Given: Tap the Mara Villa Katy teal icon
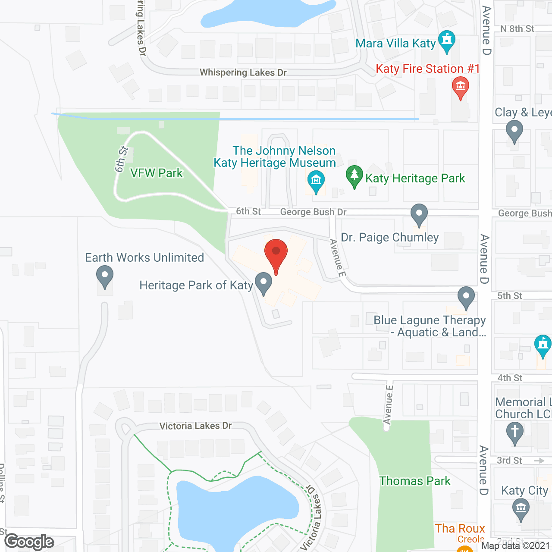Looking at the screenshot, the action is [447, 41].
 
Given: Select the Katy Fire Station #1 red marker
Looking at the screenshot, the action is [461, 87].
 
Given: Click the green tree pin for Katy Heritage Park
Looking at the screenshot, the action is [354, 176].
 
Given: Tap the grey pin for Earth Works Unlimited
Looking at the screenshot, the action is [104, 276].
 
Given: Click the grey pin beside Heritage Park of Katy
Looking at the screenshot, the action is [263, 283].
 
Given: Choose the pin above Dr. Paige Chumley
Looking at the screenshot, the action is [419, 214].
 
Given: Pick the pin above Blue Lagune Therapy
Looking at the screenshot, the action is [466, 297].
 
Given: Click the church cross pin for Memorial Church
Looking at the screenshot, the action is [514, 433].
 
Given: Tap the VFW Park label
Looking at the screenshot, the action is [157, 173].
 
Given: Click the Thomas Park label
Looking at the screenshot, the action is [415, 481].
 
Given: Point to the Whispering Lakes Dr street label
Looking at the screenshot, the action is [243, 72].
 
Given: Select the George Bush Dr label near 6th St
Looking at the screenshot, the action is [314, 212].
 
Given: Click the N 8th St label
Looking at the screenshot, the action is [517, 29].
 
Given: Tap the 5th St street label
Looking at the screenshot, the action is [510, 296].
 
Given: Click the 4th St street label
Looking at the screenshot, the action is [510, 378].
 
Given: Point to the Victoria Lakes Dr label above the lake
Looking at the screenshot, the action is [195, 426].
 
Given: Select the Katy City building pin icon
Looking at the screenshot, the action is [521, 509].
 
